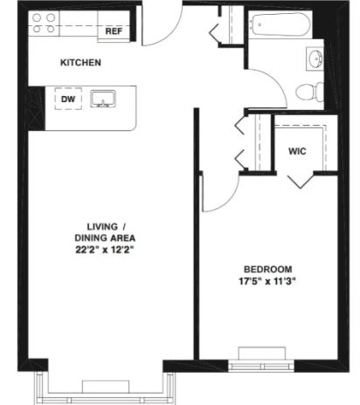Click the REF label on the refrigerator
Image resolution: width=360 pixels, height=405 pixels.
coord(114,31)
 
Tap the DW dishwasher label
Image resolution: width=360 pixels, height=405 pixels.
coord(68,99)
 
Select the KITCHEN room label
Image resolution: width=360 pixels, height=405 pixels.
coord(80,63)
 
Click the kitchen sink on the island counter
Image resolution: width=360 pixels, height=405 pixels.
coord(103,99)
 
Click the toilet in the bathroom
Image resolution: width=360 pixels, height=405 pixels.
coord(309,92)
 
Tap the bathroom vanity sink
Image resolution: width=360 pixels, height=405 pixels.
coord(315,58)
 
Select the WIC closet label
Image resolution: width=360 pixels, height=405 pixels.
coord(297,151)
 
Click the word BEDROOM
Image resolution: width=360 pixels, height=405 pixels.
coord(267,270)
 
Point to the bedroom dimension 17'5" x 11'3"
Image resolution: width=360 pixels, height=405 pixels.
coord(267,281)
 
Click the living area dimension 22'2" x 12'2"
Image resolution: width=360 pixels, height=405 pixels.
coord(106,250)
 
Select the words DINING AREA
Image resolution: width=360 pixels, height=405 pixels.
coord(105,238)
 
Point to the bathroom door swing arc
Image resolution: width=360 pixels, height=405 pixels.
coord(275,81)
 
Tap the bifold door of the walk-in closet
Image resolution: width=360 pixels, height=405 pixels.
coord(301,182)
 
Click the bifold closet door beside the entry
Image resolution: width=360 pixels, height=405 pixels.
coord(214,31)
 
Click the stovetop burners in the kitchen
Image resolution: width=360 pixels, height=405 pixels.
coord(44,24)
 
